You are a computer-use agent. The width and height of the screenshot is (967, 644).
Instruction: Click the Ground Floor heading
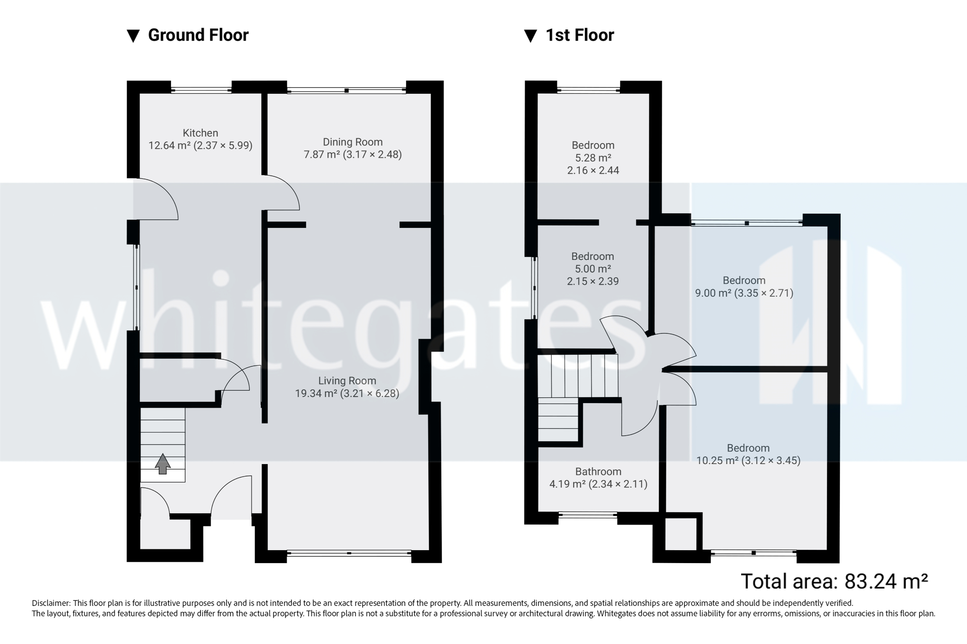(x=198, y=35)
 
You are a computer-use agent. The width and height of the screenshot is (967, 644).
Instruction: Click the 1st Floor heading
(x=579, y=35)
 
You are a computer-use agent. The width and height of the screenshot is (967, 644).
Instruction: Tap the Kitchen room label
(x=200, y=133)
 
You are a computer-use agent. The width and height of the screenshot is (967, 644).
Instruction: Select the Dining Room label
(x=352, y=142)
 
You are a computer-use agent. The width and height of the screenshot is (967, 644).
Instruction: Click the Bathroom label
(x=598, y=471)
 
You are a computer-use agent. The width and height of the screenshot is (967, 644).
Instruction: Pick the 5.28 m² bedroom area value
(x=593, y=158)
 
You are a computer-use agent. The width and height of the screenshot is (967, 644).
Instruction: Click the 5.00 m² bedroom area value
(x=593, y=269)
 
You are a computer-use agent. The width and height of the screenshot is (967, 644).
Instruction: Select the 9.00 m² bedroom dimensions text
(x=744, y=293)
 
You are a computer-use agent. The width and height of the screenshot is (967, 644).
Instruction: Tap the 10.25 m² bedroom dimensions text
(x=748, y=461)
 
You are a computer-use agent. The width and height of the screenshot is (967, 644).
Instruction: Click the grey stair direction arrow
(x=162, y=464)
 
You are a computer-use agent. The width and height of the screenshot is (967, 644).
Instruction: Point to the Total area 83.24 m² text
(x=834, y=581)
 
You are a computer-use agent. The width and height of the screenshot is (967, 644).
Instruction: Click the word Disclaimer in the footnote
(x=51, y=603)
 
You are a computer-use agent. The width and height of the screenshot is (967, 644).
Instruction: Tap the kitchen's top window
(x=201, y=90)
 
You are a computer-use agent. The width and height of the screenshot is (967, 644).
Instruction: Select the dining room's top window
(x=346, y=90)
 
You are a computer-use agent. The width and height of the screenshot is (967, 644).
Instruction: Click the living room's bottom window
(x=349, y=553)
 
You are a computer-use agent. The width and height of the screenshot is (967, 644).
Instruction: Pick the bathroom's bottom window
(x=587, y=515)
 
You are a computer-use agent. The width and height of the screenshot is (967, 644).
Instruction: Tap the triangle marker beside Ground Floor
(x=133, y=36)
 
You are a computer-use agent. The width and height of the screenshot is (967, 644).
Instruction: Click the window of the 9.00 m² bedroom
(x=747, y=223)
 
